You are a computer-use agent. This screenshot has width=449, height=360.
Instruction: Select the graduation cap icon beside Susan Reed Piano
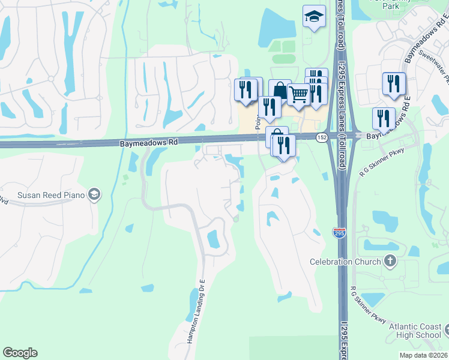[x=94, y=194]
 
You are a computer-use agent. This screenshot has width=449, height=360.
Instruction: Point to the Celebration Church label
[x=345, y=262]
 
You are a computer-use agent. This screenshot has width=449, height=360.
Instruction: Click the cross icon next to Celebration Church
[x=390, y=260]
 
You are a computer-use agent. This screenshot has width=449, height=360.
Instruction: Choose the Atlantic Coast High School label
[x=415, y=331]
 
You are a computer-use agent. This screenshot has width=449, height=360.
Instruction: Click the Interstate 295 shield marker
[x=339, y=232]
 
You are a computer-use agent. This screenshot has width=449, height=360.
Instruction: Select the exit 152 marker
[x=322, y=137]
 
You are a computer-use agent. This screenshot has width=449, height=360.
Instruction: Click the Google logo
[x=20, y=353]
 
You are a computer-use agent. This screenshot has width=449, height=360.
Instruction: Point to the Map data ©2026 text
[x=423, y=355]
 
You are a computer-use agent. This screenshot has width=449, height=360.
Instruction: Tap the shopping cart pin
[x=298, y=94]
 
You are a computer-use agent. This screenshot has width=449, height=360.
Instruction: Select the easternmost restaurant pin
[x=394, y=83]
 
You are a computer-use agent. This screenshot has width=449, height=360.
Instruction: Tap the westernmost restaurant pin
[x=246, y=90]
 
